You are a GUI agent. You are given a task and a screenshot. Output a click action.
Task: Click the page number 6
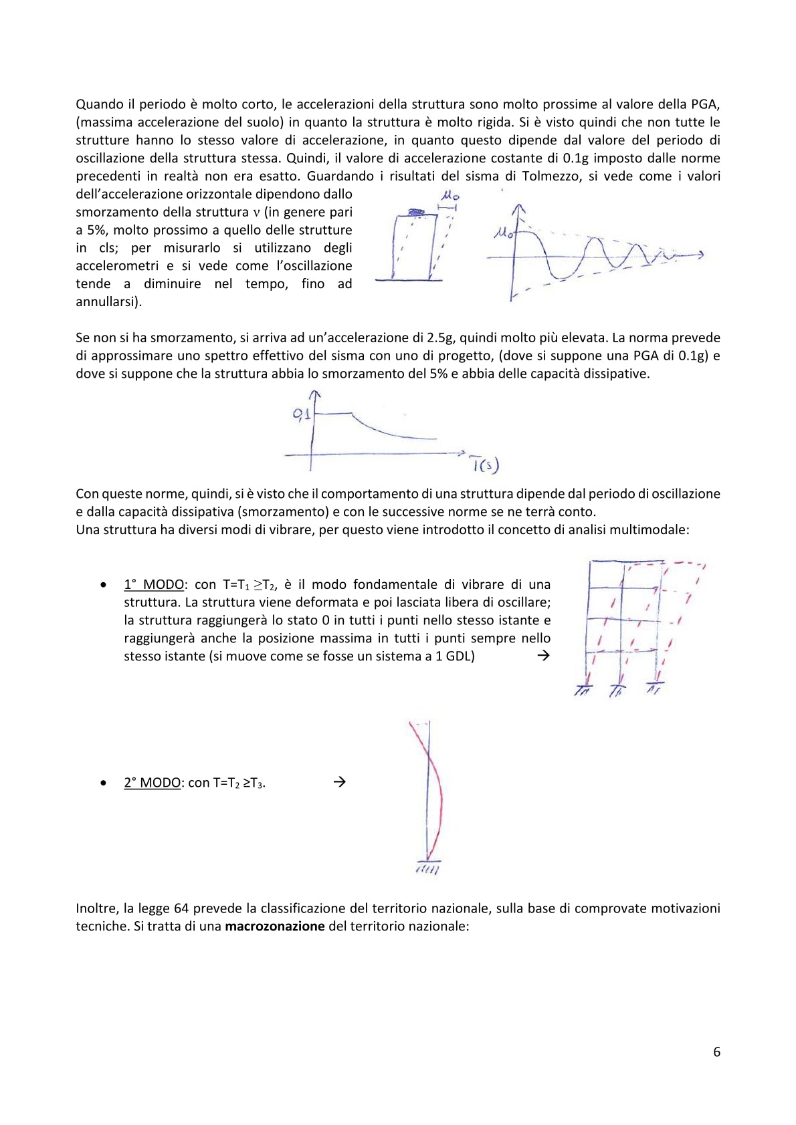(716, 1051)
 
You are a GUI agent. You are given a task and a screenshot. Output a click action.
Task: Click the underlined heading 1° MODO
(155, 584)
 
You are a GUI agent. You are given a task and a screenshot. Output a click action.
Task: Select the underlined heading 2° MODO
(153, 782)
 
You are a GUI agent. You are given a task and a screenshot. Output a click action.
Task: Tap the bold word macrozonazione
(275, 926)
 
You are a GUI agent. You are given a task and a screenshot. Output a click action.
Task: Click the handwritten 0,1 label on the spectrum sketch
(302, 414)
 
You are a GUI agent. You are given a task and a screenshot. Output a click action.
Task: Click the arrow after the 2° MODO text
(339, 781)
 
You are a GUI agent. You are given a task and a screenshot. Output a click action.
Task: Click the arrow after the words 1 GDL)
(543, 656)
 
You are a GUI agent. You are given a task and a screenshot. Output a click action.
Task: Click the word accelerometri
(117, 265)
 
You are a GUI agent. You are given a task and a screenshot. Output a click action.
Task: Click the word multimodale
(647, 529)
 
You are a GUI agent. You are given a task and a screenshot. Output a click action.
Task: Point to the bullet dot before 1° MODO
(103, 585)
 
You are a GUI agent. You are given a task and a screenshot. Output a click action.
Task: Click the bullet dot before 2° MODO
(103, 783)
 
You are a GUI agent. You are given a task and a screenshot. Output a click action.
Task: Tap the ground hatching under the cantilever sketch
(427, 870)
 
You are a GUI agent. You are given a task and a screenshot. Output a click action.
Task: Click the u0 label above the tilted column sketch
(451, 197)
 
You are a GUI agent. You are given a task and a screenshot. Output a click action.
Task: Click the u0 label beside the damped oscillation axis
(503, 233)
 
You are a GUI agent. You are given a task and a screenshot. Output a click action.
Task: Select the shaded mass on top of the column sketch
(416, 212)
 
